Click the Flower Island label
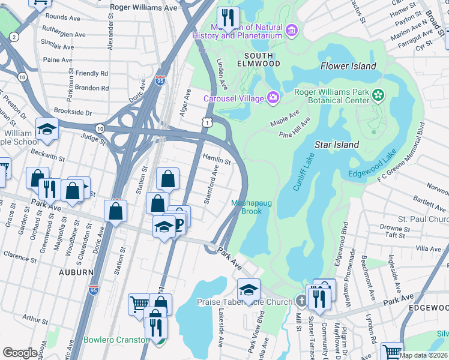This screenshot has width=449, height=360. (348, 66)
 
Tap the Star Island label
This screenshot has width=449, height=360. (337, 145)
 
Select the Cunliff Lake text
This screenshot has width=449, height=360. (304, 173)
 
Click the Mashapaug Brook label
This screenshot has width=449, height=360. (252, 207)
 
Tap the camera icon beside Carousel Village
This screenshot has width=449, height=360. (273, 98)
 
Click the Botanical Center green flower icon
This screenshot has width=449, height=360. (378, 95)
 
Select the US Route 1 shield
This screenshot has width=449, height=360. (206, 122)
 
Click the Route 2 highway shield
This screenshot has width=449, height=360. (13, 37)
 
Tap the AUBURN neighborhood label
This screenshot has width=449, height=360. (77, 272)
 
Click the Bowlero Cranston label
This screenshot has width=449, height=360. (116, 340)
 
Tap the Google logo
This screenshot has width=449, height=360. (20, 353)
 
